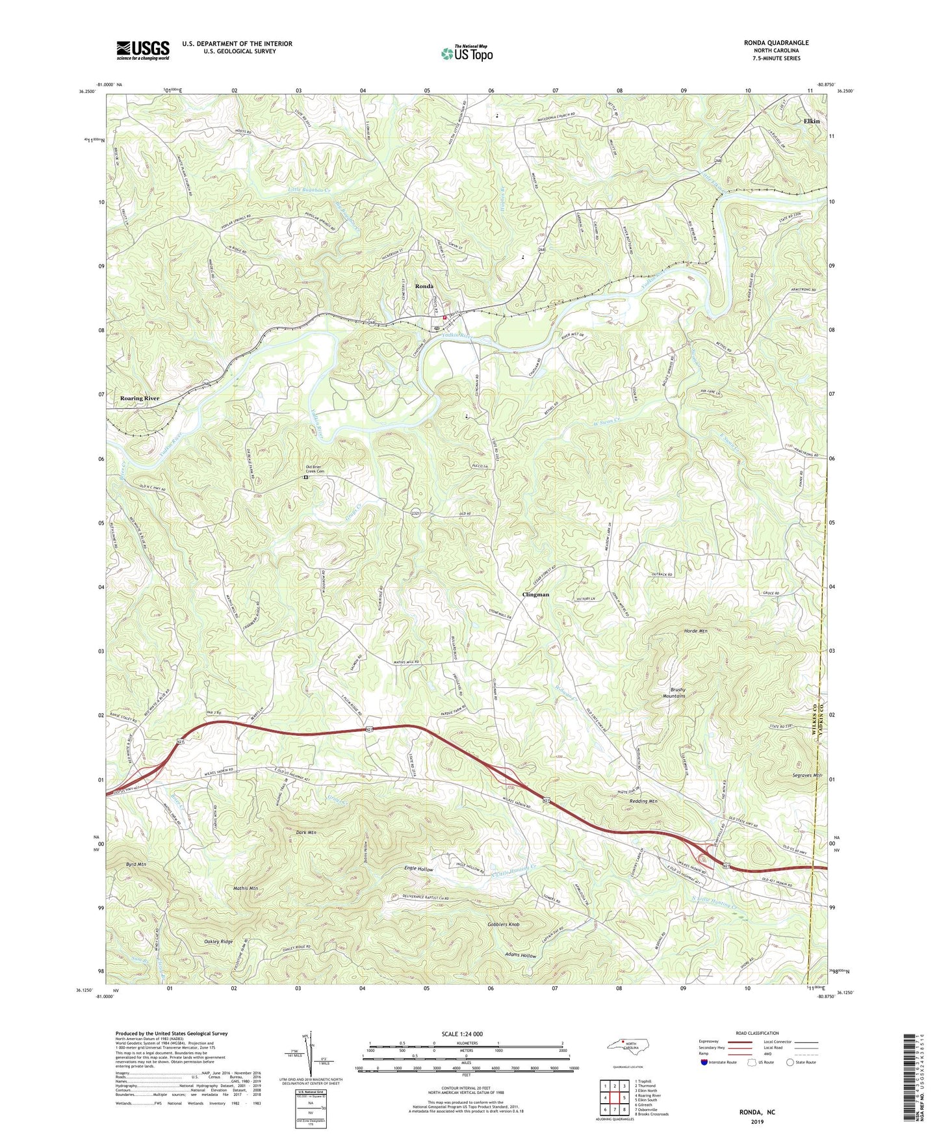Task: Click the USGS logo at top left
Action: click(x=143, y=50)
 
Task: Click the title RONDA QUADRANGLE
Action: click(x=776, y=43)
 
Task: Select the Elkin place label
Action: click(x=811, y=122)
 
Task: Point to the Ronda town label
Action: click(x=424, y=286)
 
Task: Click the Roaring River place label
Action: click(x=140, y=398)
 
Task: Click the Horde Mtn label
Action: click(x=695, y=631)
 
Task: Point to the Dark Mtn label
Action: click(x=305, y=832)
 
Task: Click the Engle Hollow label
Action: click(x=418, y=869)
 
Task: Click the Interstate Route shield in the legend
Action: click(x=706, y=1062)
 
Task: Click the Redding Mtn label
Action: click(x=643, y=802)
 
